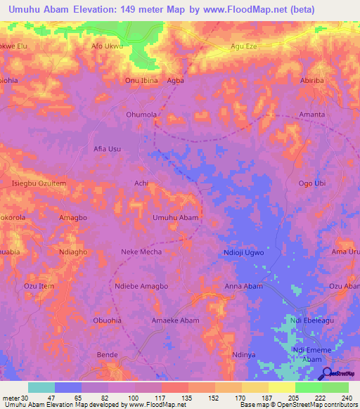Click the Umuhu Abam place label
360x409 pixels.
pyautogui.click(x=176, y=218)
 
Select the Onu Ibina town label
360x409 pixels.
pyautogui.click(x=141, y=81)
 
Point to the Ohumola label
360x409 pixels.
pyautogui.click(x=141, y=115)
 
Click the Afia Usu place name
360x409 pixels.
pyautogui.click(x=107, y=149)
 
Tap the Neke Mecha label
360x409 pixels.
pyautogui.click(x=141, y=252)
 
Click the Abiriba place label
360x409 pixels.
pyautogui.click(x=312, y=81)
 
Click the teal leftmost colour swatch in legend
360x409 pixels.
pyautogui.click(x=41, y=387)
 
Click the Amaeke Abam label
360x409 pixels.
pyautogui.click(x=176, y=320)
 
